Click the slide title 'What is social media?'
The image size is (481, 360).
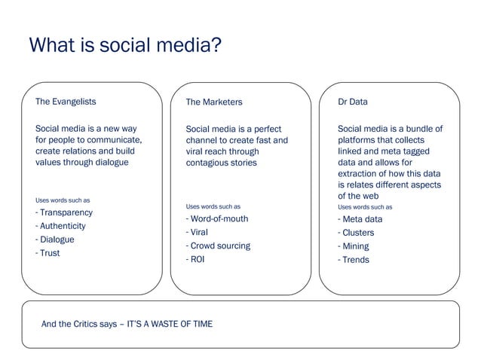click(x=124, y=46)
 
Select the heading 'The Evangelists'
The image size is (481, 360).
click(x=66, y=101)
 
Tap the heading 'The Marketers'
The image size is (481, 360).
click(x=214, y=102)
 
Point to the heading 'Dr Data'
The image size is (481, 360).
click(x=353, y=101)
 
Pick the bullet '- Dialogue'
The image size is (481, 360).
click(x=55, y=239)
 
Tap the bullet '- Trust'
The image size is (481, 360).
click(x=47, y=253)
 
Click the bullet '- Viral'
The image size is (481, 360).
click(x=199, y=233)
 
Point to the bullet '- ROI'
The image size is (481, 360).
click(x=195, y=260)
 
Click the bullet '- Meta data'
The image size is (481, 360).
click(x=360, y=219)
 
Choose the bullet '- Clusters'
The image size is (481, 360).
click(x=356, y=233)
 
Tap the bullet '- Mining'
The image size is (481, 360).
click(x=354, y=246)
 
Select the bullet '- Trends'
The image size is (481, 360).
click(x=354, y=260)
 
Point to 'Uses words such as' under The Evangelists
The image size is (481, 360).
click(x=63, y=200)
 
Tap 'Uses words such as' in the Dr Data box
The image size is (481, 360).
click(x=365, y=206)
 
